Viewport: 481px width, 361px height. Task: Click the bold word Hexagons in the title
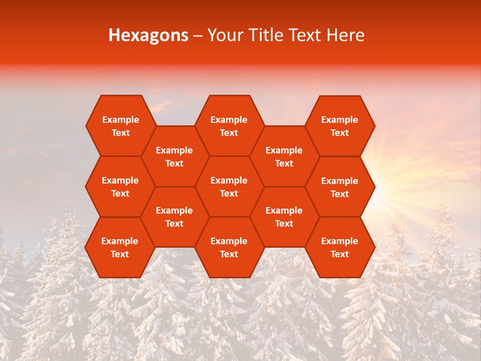tap(148, 35)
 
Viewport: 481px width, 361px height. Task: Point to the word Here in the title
tap(345, 35)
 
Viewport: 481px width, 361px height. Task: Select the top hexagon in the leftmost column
tap(120, 126)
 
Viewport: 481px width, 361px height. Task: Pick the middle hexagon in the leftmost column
tap(120, 187)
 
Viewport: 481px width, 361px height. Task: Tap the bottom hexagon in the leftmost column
tap(120, 247)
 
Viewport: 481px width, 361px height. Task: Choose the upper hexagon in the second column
tap(174, 156)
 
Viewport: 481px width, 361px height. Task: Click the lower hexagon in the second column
tap(174, 217)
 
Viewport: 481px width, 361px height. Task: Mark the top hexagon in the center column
tap(229, 126)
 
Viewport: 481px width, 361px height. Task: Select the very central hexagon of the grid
tap(229, 187)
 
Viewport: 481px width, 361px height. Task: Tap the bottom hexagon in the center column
tap(229, 247)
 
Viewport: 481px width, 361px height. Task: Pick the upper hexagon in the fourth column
tap(284, 156)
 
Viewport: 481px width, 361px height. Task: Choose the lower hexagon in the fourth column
tap(284, 217)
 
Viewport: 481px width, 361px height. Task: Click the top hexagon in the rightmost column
tap(340, 126)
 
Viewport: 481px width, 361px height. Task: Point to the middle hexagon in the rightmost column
tap(340, 187)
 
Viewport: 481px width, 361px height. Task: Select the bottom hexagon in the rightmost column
tap(340, 247)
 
